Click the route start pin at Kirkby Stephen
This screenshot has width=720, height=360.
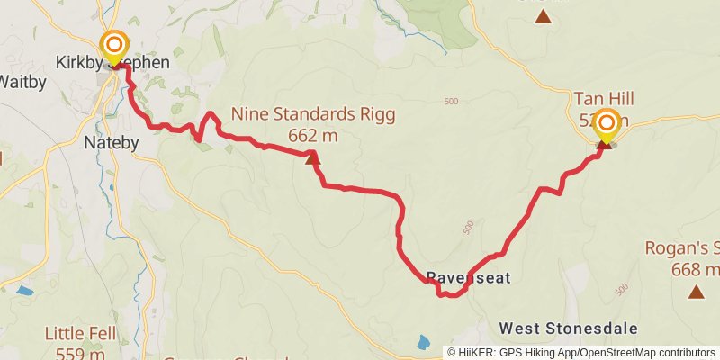click(114, 46)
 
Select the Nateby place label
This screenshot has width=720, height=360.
click(110, 142)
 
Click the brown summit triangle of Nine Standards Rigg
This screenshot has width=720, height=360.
click(311, 158)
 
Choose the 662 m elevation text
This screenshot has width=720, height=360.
click(313, 136)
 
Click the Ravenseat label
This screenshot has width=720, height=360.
click(468, 278)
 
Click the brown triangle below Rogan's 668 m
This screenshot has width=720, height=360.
click(696, 292)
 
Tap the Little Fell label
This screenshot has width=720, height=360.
click(81, 334)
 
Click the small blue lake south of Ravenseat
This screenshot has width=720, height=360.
click(424, 342)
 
